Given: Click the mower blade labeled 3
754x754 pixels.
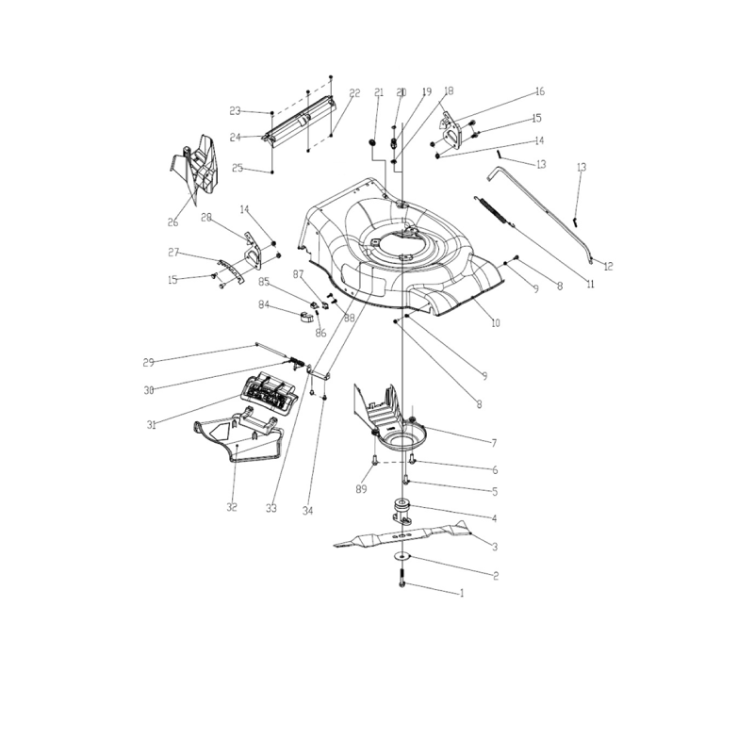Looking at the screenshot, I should click(405, 538).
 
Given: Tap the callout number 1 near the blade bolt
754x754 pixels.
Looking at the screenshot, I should click(462, 594).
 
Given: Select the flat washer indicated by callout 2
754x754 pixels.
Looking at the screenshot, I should click(403, 559).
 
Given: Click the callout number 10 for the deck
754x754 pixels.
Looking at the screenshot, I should click(496, 322).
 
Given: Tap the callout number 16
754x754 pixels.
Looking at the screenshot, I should click(540, 91).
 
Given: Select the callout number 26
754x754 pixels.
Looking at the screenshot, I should click(172, 222).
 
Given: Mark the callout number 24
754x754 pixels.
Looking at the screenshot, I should click(236, 138).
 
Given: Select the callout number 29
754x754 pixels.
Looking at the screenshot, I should click(148, 362).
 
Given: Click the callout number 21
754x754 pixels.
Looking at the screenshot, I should click(379, 92).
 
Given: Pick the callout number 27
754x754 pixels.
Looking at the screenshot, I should click(173, 253).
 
